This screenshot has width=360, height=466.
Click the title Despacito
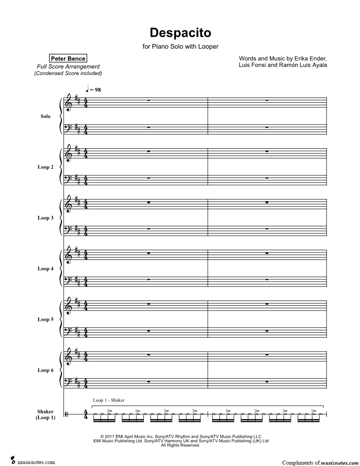pos(180,33)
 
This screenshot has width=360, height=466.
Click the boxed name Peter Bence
pos(68,58)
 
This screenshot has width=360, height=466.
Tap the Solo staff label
pos(45,116)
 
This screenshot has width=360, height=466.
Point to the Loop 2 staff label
pos(45,167)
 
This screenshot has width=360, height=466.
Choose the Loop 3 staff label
pos(45,218)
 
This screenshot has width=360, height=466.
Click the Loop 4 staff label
pos(45,269)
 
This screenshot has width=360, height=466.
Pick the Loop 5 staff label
pos(45,319)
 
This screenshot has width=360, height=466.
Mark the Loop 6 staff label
pos(45,370)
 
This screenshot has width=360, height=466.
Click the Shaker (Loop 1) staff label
pos(46,414)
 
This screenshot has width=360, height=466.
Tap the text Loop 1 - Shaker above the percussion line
pos(109,400)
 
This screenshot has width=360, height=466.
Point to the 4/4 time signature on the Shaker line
pos(86,415)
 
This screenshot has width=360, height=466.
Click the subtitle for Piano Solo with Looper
pos(180,46)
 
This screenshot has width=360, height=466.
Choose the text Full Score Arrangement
pos(68,67)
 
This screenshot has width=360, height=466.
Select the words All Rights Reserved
pos(180,446)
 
